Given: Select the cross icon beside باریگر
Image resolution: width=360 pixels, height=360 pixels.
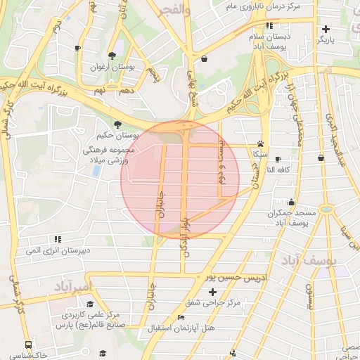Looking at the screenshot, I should click(x=326, y=30).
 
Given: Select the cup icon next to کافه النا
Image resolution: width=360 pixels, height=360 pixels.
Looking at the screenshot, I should click(x=278, y=160).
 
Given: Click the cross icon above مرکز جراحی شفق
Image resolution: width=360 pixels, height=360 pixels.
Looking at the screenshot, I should click(x=212, y=291).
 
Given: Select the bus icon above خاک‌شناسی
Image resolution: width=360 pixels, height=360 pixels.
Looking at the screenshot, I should click(x=28, y=345).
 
